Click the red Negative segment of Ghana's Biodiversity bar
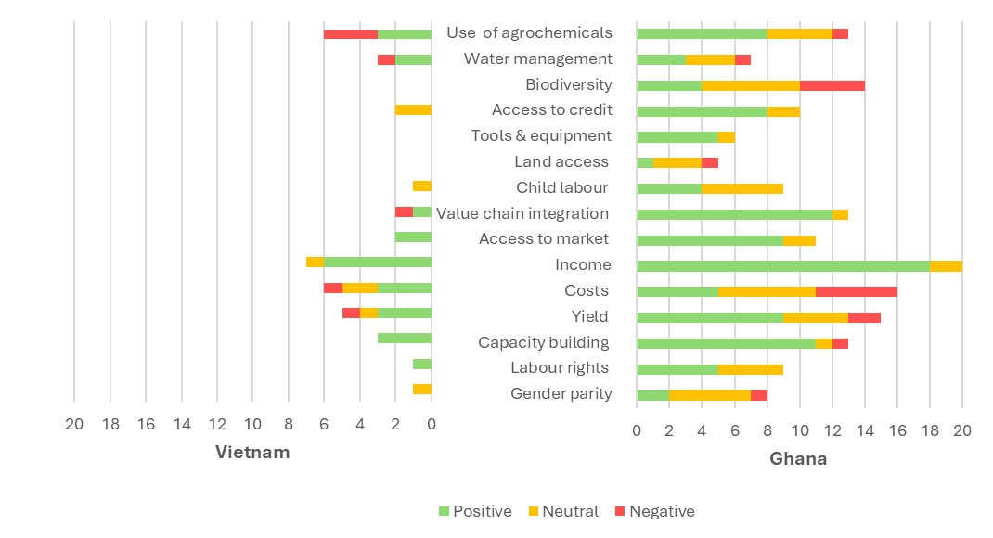tap(832, 85)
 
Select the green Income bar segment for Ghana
tap(783, 266)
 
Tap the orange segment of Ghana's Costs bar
tap(767, 292)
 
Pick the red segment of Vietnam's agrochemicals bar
tap(351, 34)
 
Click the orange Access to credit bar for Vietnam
tap(414, 110)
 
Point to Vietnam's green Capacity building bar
tap(405, 338)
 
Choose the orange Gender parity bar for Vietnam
tap(422, 390)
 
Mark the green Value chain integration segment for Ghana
tap(735, 214)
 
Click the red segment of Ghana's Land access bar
tap(710, 162)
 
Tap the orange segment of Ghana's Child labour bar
tap(742, 188)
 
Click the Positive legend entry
tap(475, 511)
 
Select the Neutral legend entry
tap(563, 511)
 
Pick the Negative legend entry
tap(655, 511)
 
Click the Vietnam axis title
tap(252, 453)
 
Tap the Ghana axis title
tap(799, 459)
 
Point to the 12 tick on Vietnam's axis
tap(217, 424)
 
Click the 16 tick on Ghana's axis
tap(897, 431)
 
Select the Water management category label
tap(538, 58)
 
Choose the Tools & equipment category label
tap(541, 136)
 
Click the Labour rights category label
tap(560, 367)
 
